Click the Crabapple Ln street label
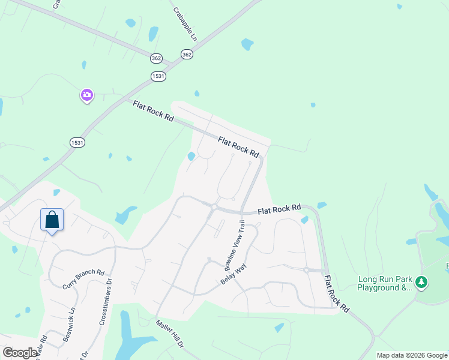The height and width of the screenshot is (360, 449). coord(185,24)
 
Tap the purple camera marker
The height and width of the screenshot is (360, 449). coord(87,95)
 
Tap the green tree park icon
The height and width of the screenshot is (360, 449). coord(421,281)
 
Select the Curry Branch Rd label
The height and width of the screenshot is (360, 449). coord(83,279)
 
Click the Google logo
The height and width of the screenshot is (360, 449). coord(19,353)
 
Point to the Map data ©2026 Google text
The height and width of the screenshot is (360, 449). coord(412,355)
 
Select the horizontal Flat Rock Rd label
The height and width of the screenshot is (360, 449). coord(279,209)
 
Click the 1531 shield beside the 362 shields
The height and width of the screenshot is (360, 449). coord(158,76)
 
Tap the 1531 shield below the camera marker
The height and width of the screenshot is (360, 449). coord(77,142)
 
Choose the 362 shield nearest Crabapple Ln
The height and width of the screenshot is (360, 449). coord(187,54)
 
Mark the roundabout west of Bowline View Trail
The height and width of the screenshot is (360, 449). coord(214,208)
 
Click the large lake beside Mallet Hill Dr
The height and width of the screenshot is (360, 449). coord(129,339)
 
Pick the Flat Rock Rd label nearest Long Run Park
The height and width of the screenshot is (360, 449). coord(336,293)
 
